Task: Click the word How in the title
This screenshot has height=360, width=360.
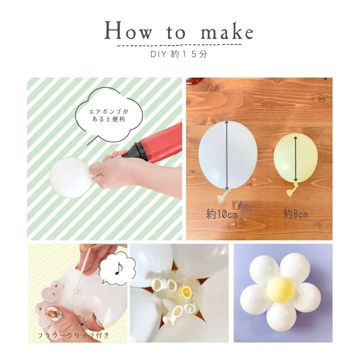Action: pos(128,30)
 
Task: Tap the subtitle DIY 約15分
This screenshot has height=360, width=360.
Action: pos(179,54)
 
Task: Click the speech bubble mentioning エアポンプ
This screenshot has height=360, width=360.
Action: pos(109,115)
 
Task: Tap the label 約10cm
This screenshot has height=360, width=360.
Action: pos(221,214)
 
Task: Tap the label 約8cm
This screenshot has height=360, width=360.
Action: pos(296,214)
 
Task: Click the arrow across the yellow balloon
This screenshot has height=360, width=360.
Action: pos(296,159)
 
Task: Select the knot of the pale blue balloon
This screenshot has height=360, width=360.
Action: pos(224,196)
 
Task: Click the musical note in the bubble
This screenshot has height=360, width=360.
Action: pos(118,268)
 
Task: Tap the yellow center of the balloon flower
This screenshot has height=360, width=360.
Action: pos(281,289)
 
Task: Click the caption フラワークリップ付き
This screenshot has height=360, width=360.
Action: pos(73,335)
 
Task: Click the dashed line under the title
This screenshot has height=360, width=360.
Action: pos(179,45)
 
